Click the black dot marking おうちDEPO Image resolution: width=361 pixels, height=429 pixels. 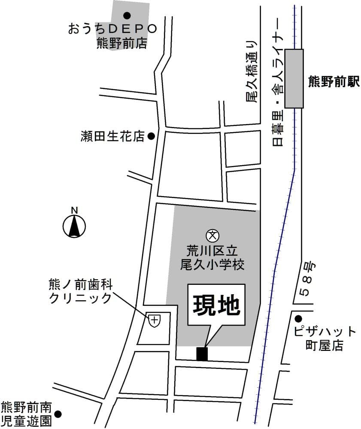click(127, 16)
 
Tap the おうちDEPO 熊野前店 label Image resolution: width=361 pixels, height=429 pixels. click(112, 36)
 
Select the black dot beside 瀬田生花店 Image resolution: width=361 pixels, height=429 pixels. click(151, 136)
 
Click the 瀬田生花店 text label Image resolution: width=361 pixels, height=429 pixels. click(112, 136)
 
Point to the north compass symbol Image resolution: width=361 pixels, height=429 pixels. click(75, 224)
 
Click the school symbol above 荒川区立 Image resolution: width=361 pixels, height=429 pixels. click(212, 235)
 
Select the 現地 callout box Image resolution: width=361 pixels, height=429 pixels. click(216, 306)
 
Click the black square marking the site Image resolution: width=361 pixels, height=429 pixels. click(202, 353)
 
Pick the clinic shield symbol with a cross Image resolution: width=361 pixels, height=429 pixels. click(155, 320)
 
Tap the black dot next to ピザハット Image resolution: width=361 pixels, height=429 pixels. click(298, 318)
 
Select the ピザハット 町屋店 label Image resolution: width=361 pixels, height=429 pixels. click(325, 338)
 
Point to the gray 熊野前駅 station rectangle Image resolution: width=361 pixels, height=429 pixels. click(294, 78)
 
